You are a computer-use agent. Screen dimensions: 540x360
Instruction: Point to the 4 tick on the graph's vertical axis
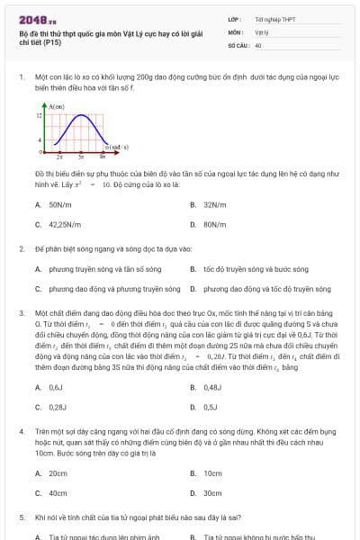[40, 140]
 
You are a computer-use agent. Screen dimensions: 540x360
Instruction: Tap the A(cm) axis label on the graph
[56, 106]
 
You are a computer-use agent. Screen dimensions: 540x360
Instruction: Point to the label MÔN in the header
[235, 31]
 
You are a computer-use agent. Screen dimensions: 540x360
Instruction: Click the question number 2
[22, 247]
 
